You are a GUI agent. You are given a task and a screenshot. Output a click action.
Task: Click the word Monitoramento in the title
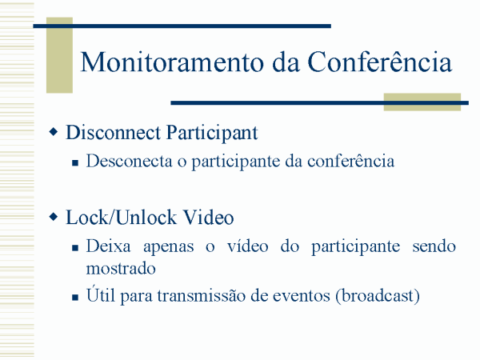point(172,62)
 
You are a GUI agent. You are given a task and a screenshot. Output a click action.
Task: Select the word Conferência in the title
point(379,62)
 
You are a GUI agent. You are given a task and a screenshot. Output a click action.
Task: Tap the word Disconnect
point(113,133)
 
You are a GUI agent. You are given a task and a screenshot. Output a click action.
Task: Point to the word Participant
point(212,134)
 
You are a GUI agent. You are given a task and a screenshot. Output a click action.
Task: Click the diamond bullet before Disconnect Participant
point(54,132)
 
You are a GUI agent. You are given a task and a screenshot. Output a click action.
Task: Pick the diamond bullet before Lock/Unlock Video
point(54,217)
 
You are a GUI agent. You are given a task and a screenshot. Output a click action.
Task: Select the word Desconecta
point(129,161)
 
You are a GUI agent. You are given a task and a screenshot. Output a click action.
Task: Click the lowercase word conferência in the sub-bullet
point(351,161)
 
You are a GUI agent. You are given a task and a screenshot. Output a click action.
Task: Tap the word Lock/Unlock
point(122,218)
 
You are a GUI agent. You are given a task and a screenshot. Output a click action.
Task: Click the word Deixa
point(108,246)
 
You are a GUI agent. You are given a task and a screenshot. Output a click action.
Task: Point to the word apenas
point(168,247)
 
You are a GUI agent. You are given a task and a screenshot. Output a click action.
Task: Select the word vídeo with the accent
point(247,246)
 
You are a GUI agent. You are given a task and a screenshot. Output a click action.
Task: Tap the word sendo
point(434,246)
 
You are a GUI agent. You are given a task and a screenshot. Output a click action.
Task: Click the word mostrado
point(121,269)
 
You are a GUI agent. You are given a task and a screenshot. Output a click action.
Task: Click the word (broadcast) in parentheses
point(377,296)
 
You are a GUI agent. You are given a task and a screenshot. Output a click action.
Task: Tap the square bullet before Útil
point(75,297)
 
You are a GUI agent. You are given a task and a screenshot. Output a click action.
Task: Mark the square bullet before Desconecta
point(75,162)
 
